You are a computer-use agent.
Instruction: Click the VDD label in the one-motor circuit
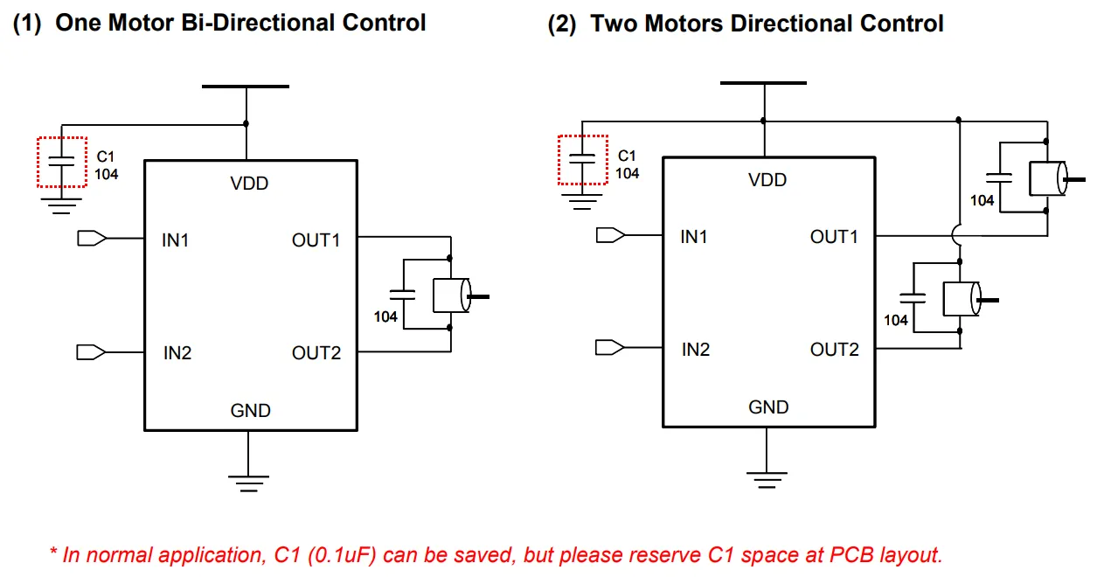tap(249, 184)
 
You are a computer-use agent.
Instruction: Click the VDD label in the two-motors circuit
tap(767, 180)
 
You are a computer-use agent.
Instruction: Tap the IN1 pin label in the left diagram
tap(175, 240)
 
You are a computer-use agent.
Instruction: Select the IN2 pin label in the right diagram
tap(695, 350)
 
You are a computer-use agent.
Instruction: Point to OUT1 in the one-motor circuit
tap(316, 240)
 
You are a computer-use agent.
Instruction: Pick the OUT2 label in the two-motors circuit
tap(834, 350)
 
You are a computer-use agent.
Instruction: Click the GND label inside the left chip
tap(250, 410)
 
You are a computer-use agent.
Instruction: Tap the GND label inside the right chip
tap(768, 407)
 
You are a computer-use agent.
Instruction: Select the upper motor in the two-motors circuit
tap(1047, 178)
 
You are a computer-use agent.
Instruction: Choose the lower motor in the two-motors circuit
tap(962, 298)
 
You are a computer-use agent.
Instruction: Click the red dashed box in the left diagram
tap(62, 162)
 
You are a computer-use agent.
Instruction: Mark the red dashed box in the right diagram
tap(583, 159)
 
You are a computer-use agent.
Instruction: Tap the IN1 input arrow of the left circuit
tap(91, 238)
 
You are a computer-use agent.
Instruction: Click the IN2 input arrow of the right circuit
tap(608, 348)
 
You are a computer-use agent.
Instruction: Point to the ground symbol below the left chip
tap(249, 481)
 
